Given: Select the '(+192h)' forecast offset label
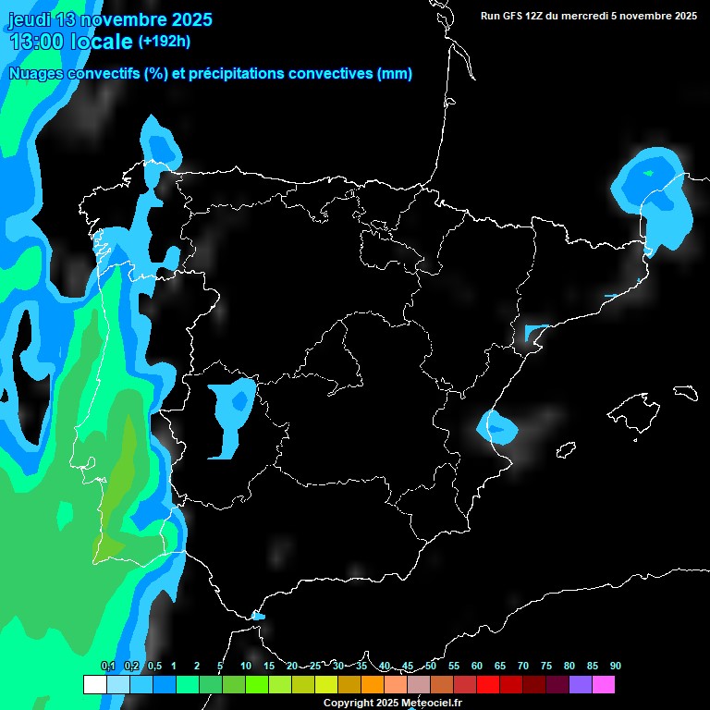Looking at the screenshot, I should [x=164, y=41].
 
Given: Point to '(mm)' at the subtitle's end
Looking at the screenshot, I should [x=395, y=74].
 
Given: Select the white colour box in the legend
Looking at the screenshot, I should [x=94, y=684].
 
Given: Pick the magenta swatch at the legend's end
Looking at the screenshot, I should [x=603, y=684].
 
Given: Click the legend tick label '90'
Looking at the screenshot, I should [x=615, y=667].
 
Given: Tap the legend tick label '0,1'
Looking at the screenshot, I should [x=107, y=667].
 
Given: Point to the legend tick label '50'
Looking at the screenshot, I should [x=431, y=667].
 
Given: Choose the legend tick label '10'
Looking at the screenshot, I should [x=246, y=667].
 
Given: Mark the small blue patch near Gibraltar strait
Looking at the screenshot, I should [x=258, y=615].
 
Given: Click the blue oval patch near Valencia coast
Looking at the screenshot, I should [x=498, y=427].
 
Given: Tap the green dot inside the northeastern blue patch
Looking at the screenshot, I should [x=648, y=173].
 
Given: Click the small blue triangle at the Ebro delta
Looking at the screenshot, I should [x=534, y=331].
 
